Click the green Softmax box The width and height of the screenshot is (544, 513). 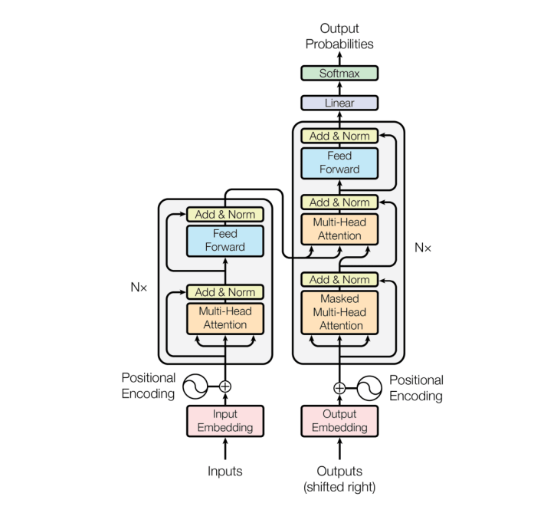pos(339,74)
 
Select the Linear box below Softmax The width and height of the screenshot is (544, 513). pos(339,103)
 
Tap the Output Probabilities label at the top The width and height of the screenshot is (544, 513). pos(339,36)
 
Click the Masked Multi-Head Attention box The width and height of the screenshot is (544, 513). pos(339,312)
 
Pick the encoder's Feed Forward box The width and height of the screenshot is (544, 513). pos(225,240)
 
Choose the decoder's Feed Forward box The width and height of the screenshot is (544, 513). pos(339,163)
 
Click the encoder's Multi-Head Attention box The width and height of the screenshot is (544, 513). pos(225,317)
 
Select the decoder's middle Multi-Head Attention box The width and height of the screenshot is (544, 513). pos(339,229)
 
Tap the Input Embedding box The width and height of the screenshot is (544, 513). pos(225,420)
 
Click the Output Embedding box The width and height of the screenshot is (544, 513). pos(339,420)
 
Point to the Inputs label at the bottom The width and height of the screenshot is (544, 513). pos(225,471)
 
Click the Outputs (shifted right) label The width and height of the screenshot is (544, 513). pos(339,478)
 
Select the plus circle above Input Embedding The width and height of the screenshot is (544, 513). pos(225,386)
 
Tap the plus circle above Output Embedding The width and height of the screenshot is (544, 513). pos(339,387)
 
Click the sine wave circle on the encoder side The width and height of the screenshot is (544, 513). pos(194,386)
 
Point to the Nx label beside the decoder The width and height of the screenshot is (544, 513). pos(422,248)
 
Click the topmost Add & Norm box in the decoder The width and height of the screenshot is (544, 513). pos(339,136)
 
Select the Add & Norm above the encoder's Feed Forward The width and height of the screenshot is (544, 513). pos(225,215)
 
